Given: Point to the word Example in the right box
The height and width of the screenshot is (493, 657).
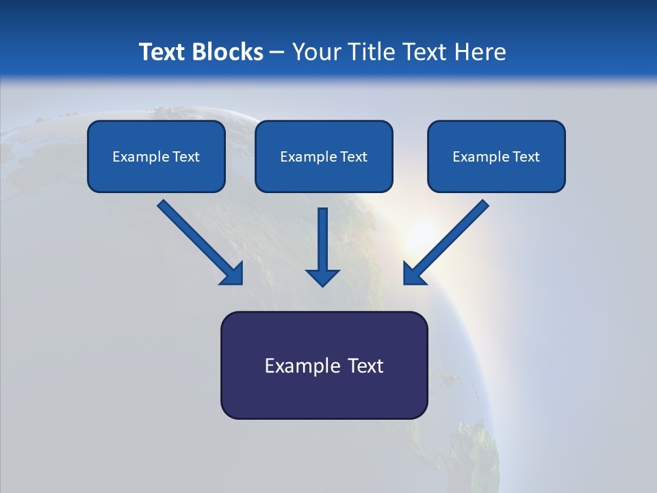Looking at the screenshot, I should [475, 157].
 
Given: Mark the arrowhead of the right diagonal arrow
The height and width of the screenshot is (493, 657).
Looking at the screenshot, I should [413, 274].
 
